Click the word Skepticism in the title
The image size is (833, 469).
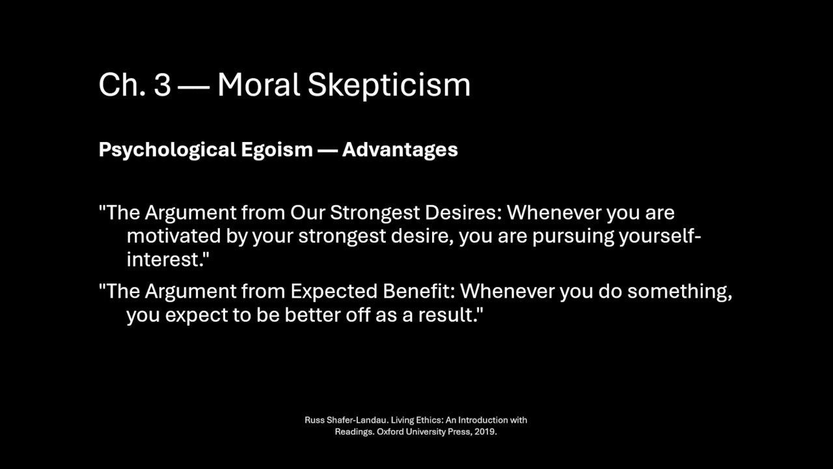(x=389, y=85)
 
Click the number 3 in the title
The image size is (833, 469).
(x=162, y=85)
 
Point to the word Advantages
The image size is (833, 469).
(x=400, y=150)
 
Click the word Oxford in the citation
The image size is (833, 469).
(x=389, y=431)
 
